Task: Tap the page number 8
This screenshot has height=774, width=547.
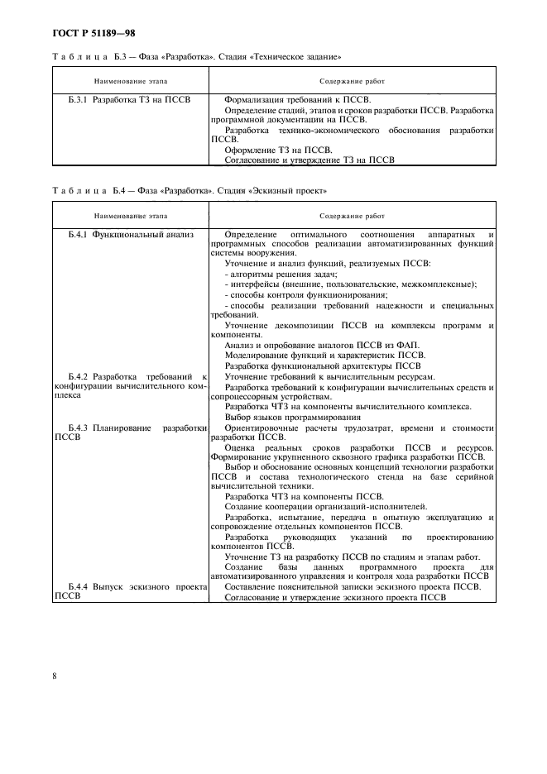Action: pyautogui.click(x=55, y=676)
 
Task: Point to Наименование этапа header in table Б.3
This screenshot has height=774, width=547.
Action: pyautogui.click(x=130, y=82)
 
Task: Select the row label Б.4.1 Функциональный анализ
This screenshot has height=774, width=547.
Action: pyautogui.click(x=130, y=234)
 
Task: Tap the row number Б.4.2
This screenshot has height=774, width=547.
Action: pyautogui.click(x=78, y=377)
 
